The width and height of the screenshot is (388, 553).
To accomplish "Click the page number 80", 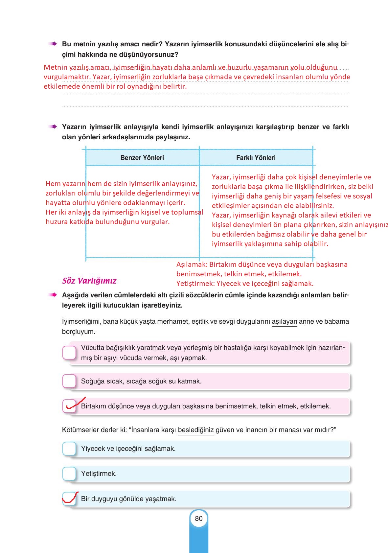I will pyautogui.click(x=198, y=518).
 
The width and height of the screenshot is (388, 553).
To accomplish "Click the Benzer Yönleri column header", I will pyautogui.click(x=142, y=158).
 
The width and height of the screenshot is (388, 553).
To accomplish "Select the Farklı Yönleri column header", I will pyautogui.click(x=256, y=158).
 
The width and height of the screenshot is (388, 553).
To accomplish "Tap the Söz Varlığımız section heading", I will pyautogui.click(x=89, y=281).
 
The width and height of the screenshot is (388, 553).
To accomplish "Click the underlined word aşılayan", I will pyautogui.click(x=285, y=322).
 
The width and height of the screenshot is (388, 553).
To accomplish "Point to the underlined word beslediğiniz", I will pyautogui.click(x=196, y=430).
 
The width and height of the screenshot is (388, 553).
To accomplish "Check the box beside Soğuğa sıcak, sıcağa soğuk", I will pyautogui.click(x=69, y=381).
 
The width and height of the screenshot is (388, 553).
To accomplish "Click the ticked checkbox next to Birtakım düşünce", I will pyautogui.click(x=69, y=406).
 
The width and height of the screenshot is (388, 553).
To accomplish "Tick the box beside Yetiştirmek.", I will pyautogui.click(x=69, y=473).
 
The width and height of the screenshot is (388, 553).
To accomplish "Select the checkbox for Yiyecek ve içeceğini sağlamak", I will pyautogui.click(x=69, y=449).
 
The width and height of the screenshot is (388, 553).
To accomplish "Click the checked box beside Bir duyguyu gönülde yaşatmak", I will pyautogui.click(x=69, y=498).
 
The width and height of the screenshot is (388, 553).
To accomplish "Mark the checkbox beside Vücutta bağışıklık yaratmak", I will pyautogui.click(x=69, y=353).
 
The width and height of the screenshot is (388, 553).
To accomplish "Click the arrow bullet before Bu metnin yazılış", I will pyautogui.click(x=53, y=44).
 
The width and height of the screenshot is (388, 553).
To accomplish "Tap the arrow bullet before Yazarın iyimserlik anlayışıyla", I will pyautogui.click(x=53, y=127).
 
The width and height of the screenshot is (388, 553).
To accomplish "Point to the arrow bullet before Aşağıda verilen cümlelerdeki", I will pyautogui.click(x=53, y=295).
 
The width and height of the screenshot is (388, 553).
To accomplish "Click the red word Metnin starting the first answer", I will pyautogui.click(x=56, y=67).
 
